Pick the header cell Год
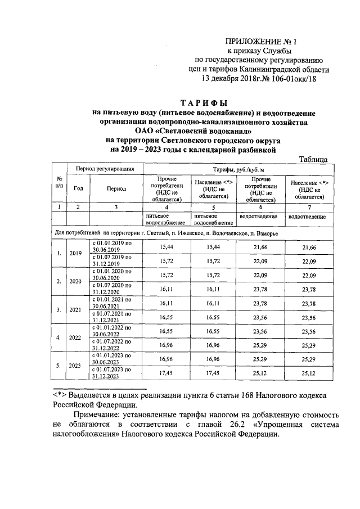click(78, 189)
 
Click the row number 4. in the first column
click(59, 337)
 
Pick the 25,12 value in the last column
click(307, 372)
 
